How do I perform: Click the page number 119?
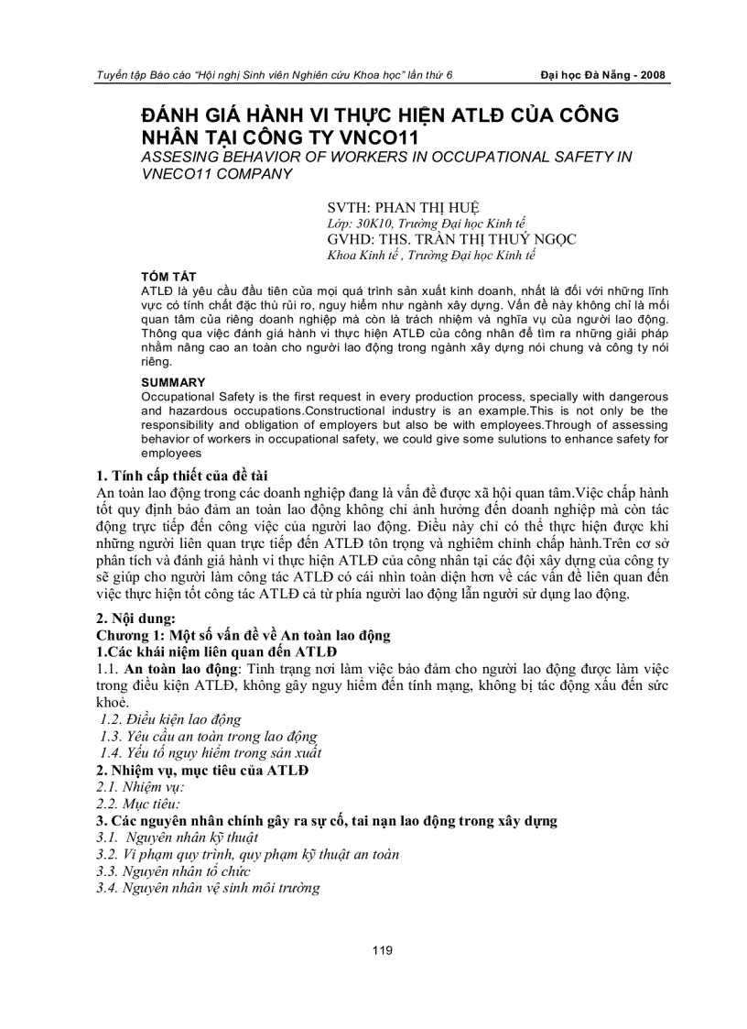(383, 950)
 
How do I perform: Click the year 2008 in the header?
(649, 75)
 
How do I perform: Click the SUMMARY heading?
(173, 382)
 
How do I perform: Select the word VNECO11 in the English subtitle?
(181, 173)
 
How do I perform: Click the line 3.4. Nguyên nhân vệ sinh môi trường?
(208, 888)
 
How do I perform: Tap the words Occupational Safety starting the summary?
(189, 396)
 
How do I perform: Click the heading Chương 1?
(244, 635)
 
